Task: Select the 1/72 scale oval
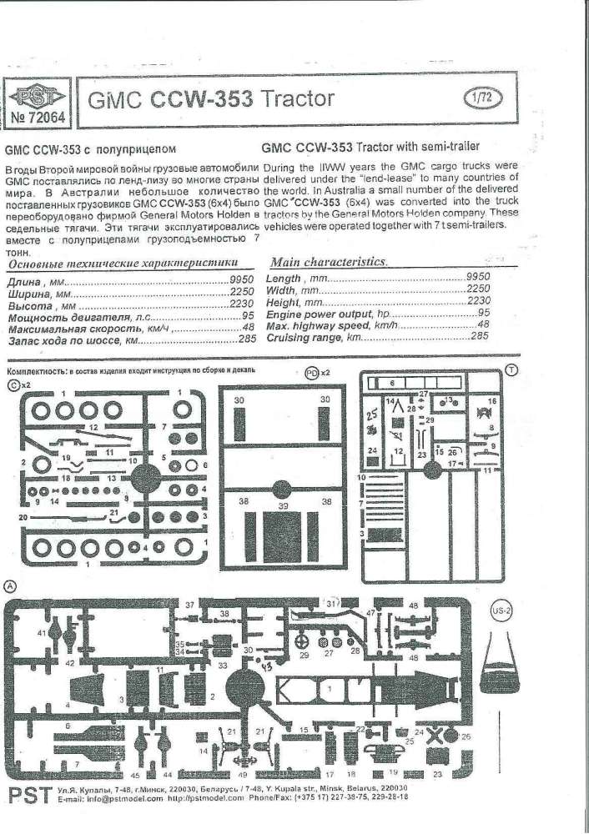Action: [478, 98]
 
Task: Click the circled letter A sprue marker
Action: [9, 585]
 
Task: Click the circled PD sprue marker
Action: [311, 373]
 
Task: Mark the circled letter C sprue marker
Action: [12, 384]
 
